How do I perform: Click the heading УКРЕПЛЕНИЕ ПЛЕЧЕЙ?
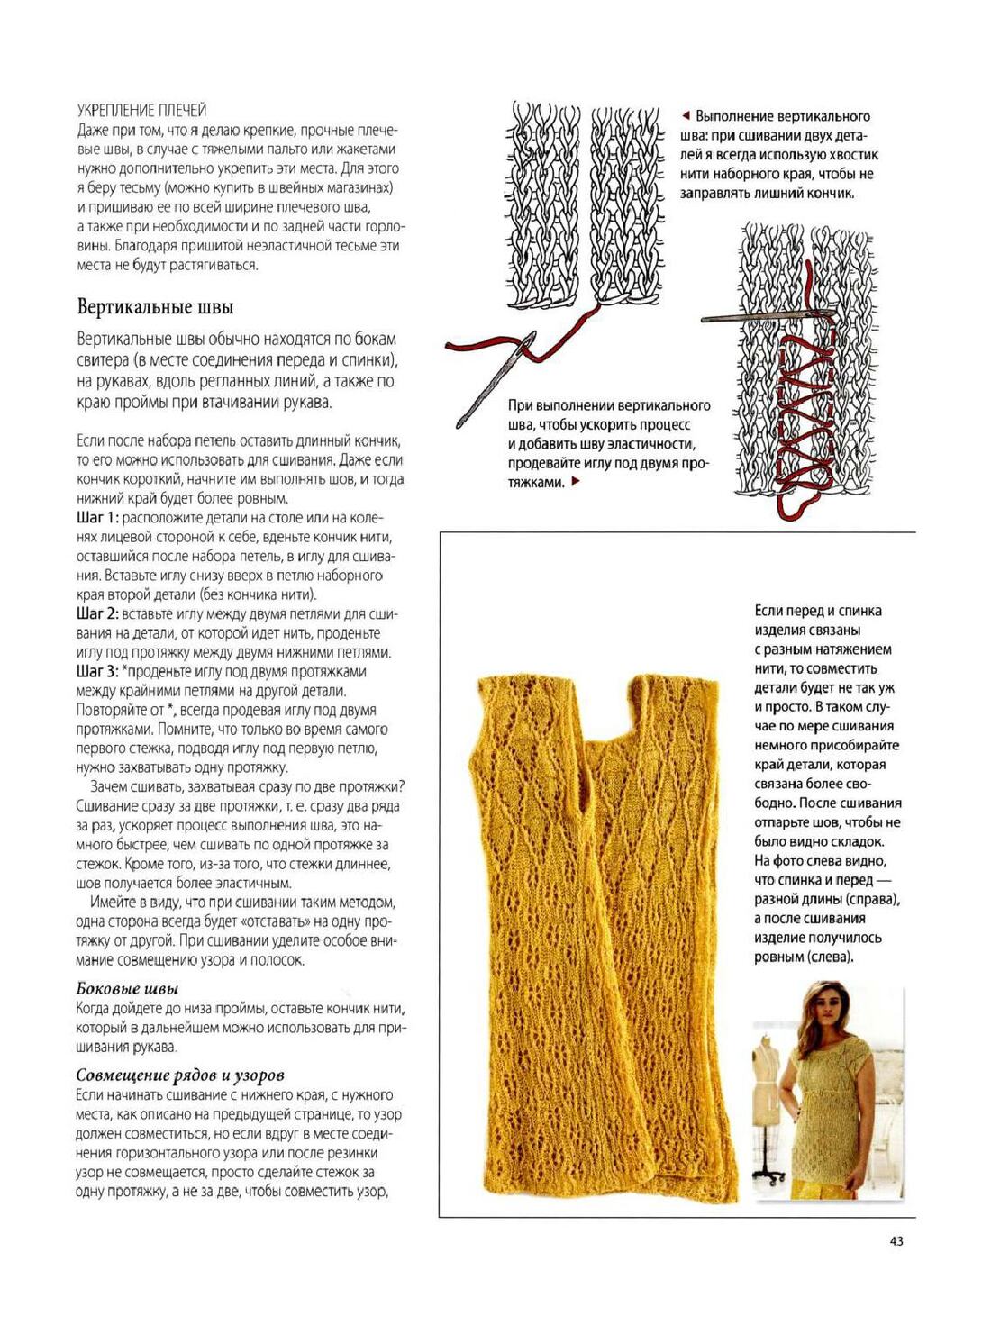[141, 111]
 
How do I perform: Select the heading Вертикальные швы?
[155, 307]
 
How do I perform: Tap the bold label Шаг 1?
[97, 518]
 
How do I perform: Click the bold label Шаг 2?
[97, 614]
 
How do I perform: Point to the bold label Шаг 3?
[97, 672]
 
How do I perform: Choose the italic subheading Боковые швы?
[127, 989]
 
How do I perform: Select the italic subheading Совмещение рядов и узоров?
[180, 1075]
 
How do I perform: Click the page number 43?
[896, 1241]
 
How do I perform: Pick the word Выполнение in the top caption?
[735, 116]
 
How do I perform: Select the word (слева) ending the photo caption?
[830, 957]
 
